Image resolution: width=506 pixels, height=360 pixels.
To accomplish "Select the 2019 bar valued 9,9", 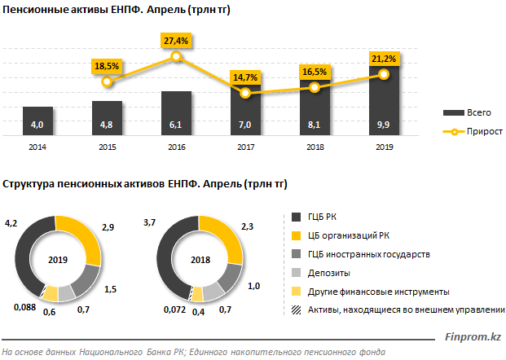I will [384, 102].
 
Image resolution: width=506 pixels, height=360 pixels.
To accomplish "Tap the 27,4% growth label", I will [177, 40].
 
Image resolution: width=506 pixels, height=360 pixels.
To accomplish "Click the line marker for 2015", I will [107, 81].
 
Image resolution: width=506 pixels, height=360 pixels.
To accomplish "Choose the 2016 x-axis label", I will [176, 147].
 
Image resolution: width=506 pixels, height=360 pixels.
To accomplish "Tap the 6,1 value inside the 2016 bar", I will [176, 125].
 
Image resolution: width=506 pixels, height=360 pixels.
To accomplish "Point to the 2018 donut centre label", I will [199, 260].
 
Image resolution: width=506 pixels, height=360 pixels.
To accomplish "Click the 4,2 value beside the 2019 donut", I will [11, 221].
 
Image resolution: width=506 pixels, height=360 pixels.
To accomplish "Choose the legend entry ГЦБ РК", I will [323, 217].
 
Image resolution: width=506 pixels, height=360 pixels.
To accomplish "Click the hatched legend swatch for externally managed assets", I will [297, 310].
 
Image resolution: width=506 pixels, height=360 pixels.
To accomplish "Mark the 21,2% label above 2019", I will [384, 59].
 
